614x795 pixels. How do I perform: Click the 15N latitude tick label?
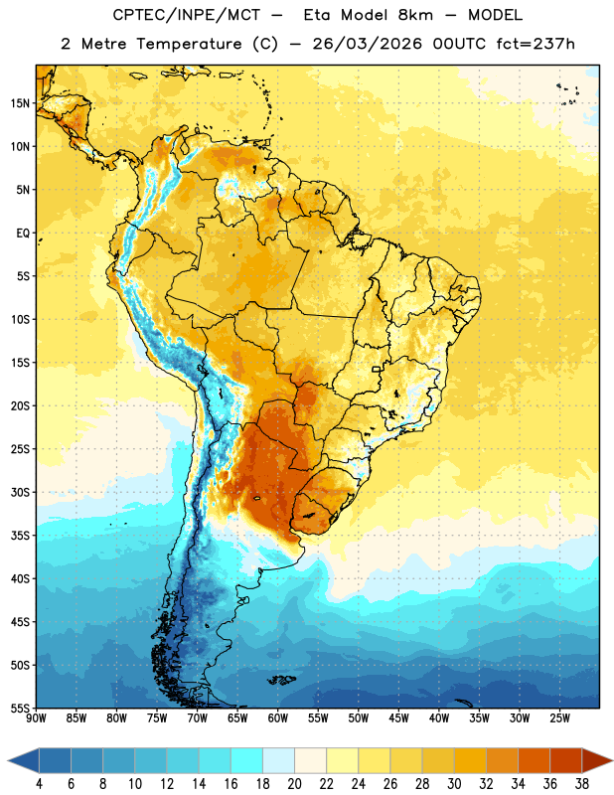pos(20,103)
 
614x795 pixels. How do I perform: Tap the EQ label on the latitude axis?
pos(23,234)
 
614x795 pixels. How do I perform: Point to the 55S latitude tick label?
pos(20,709)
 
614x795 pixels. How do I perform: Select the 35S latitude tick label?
pos(20,536)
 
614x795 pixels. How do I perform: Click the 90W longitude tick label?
pos(36,718)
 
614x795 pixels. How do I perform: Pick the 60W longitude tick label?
pos(278,718)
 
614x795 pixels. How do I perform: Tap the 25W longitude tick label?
pos(559,718)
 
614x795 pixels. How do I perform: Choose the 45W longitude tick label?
pos(398,718)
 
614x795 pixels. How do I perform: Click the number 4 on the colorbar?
pos(39,784)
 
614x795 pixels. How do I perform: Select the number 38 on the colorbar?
pos(582,784)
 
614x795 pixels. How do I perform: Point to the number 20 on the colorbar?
pos(294,784)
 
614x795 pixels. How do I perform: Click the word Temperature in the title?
pos(189,44)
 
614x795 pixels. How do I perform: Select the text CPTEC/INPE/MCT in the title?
pos(187,15)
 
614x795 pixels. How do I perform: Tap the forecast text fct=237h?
pos(536,44)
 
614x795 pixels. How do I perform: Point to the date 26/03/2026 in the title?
pos(367,44)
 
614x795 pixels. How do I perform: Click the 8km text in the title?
pos(415,15)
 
